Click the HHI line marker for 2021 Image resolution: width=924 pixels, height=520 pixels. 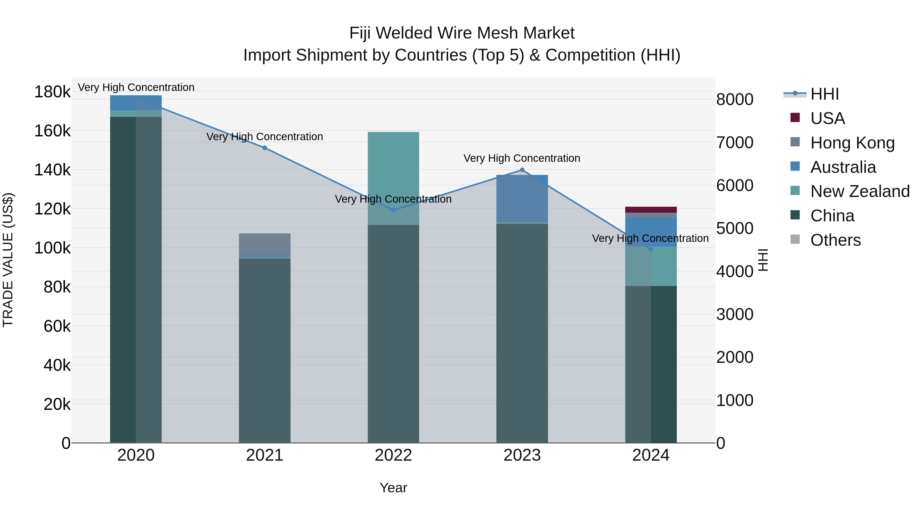click(264, 148)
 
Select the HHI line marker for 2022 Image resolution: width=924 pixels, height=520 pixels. click(393, 210)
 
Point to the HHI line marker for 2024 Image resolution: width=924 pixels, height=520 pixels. click(651, 249)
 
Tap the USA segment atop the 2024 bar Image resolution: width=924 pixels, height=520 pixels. click(651, 210)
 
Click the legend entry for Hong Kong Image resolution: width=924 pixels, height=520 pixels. click(852, 143)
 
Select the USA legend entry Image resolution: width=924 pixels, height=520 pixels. click(827, 118)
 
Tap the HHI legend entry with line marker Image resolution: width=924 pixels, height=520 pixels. click(824, 94)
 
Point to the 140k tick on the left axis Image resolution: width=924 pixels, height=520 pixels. click(52, 170)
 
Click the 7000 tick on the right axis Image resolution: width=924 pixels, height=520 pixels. click(735, 143)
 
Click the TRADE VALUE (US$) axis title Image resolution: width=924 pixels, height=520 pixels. click(8, 260)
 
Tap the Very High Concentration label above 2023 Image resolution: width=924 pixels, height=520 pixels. click(522, 158)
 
